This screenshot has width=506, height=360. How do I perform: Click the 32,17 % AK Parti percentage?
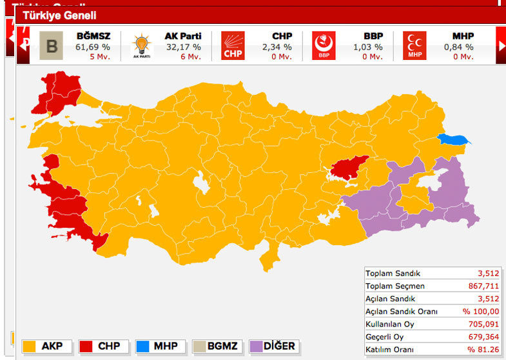184,46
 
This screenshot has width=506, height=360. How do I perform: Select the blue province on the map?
454,139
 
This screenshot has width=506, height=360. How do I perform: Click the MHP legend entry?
158,346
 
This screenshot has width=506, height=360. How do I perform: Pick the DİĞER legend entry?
270,346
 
